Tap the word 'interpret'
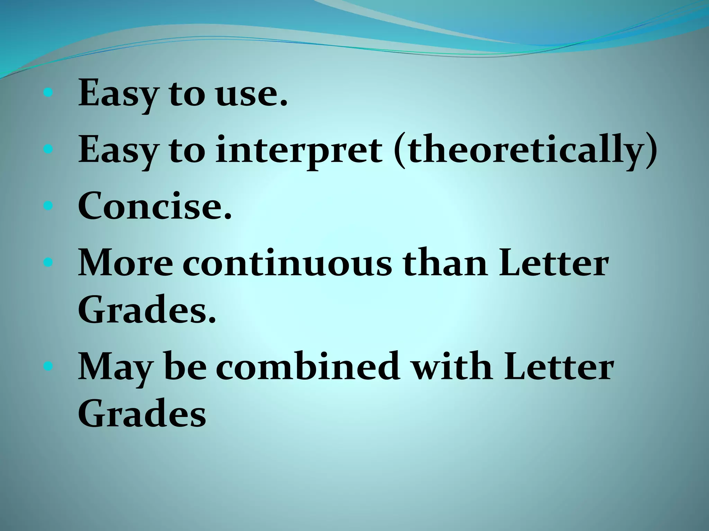[299, 151]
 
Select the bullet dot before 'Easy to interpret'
[48, 149]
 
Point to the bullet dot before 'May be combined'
[48, 365]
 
